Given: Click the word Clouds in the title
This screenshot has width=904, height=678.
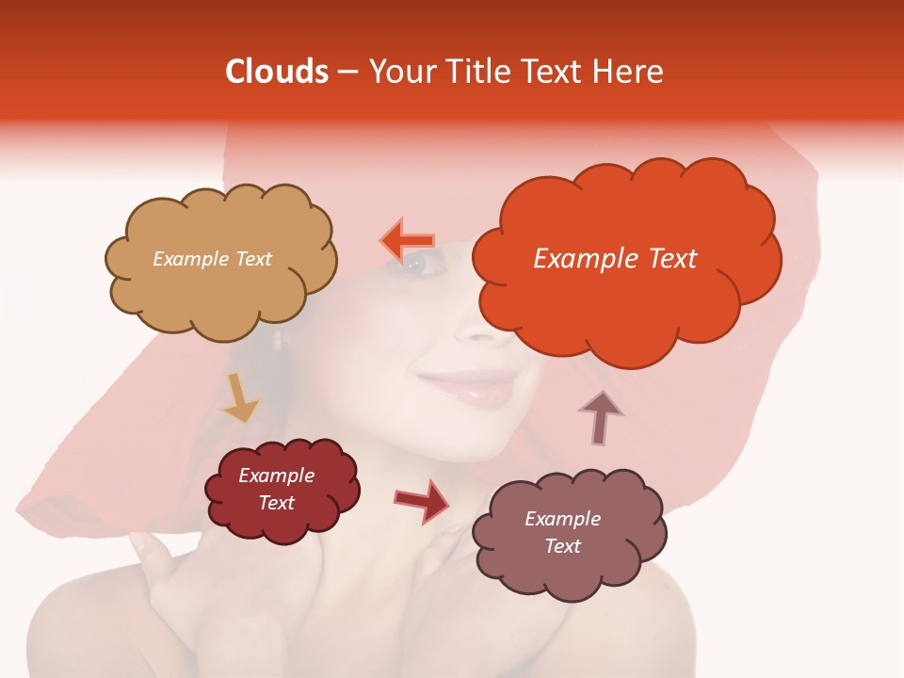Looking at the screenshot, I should tap(276, 72).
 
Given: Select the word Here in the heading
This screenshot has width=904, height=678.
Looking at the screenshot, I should tap(630, 72).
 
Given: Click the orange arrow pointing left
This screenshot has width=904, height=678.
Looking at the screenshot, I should tap(406, 241).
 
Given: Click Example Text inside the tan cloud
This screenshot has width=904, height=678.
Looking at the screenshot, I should tap(212, 259).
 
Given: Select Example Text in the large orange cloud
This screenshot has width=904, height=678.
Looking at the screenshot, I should tap(615, 259).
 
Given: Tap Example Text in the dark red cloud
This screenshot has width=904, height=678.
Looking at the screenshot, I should tap(277, 489).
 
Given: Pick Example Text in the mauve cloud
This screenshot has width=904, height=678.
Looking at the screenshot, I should tap(562, 532).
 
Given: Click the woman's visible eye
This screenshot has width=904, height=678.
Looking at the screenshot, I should tap(426, 265).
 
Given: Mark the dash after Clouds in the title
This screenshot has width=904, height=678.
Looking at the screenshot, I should tap(347, 73).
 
